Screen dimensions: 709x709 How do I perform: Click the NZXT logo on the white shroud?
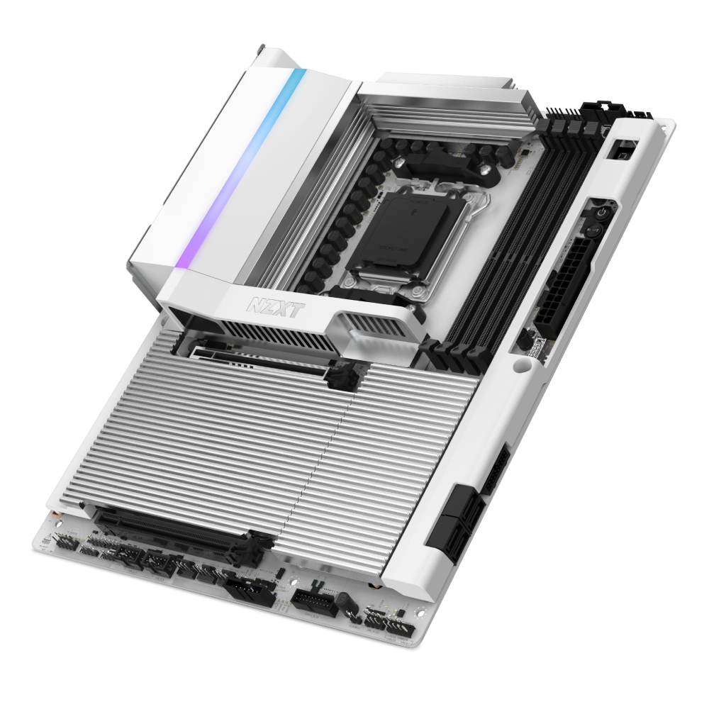click(x=267, y=306)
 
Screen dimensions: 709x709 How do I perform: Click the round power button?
click(x=598, y=211)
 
